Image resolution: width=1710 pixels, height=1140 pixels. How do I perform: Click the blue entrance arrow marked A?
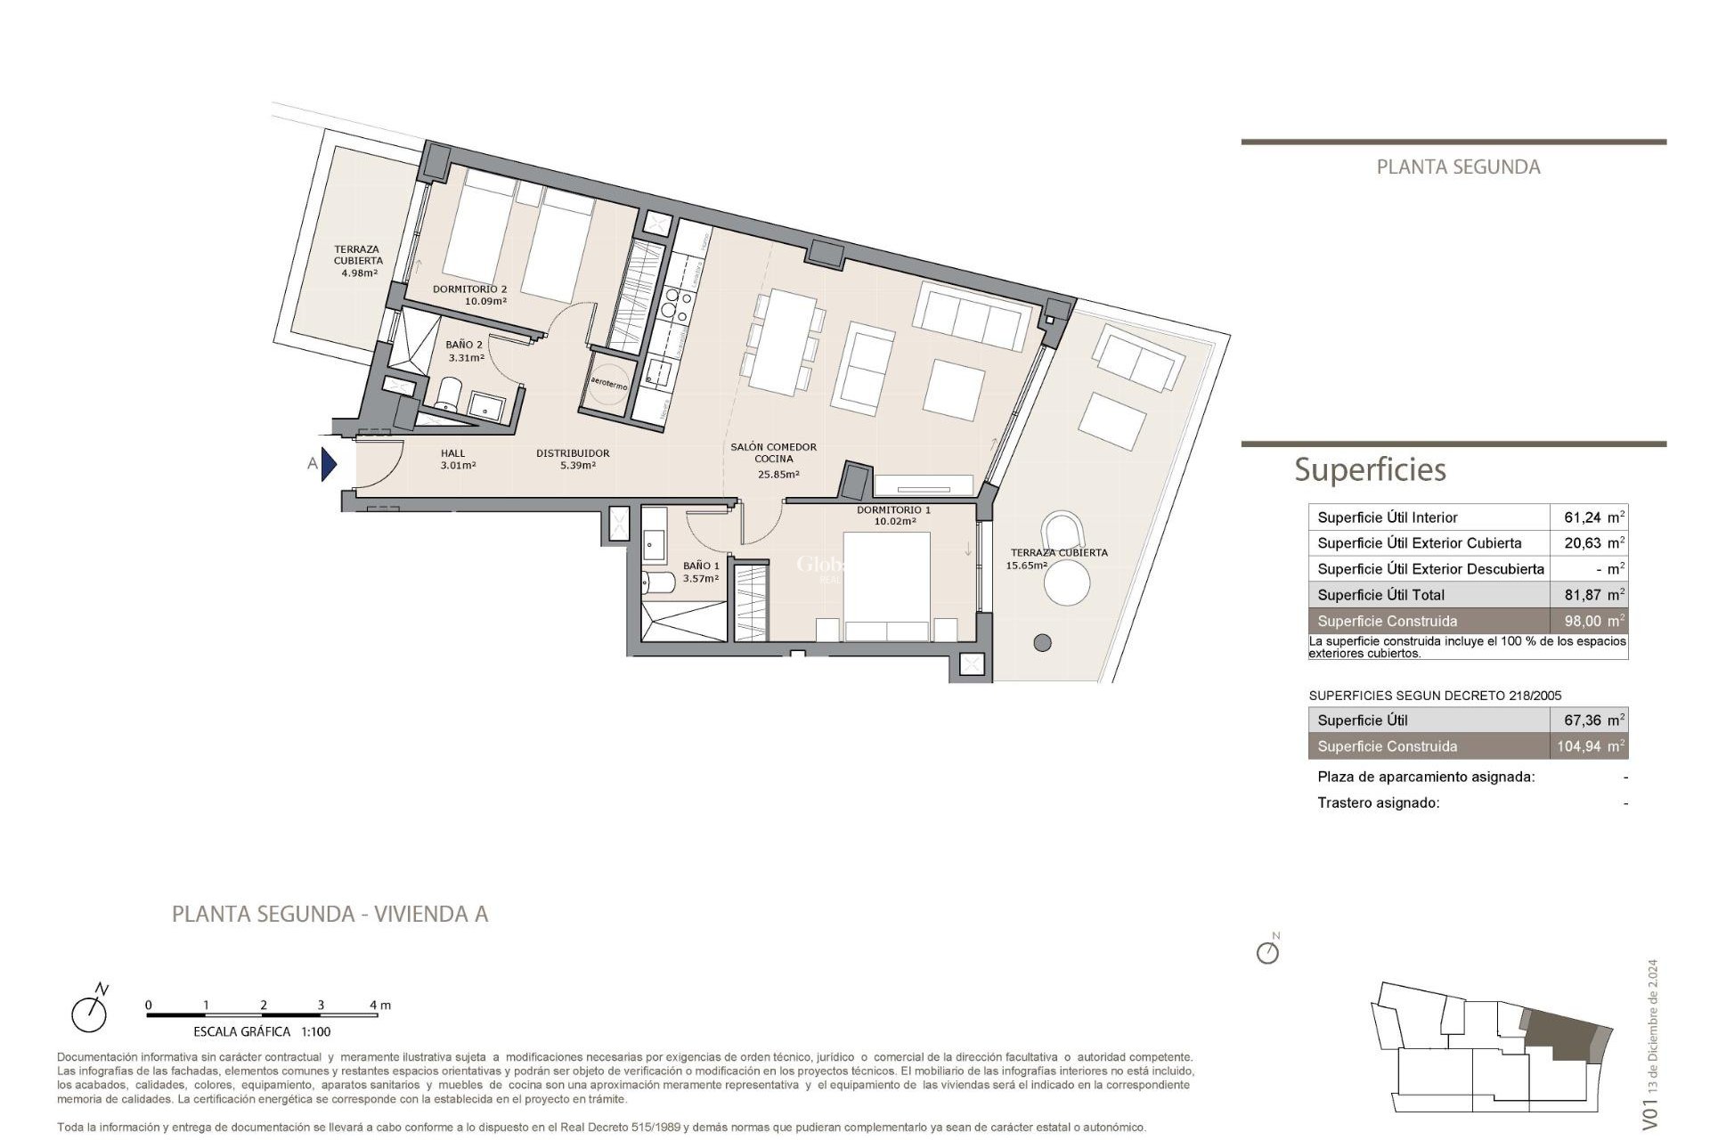tap(329, 464)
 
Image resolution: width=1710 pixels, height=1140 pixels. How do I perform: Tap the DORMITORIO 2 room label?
tap(469, 289)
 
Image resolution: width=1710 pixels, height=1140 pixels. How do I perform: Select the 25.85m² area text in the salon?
tap(778, 475)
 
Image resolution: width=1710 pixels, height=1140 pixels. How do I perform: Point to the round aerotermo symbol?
tap(609, 385)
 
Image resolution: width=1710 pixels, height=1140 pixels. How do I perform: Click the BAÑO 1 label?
tap(701, 566)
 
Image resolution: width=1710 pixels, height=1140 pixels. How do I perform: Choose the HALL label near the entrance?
tap(453, 453)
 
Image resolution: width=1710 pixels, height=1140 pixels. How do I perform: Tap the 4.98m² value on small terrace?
tap(359, 273)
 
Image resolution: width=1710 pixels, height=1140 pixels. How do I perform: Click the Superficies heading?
tap(1370, 469)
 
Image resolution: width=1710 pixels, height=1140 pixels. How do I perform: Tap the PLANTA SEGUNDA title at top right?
tap(1458, 167)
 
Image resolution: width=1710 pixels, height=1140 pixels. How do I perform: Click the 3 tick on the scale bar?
tap(321, 1006)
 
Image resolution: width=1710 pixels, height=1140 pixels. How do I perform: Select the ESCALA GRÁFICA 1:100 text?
tap(262, 1032)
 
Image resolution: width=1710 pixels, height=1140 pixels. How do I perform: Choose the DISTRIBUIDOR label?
tap(573, 453)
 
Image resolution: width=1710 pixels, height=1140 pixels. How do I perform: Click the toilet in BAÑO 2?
tap(449, 395)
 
